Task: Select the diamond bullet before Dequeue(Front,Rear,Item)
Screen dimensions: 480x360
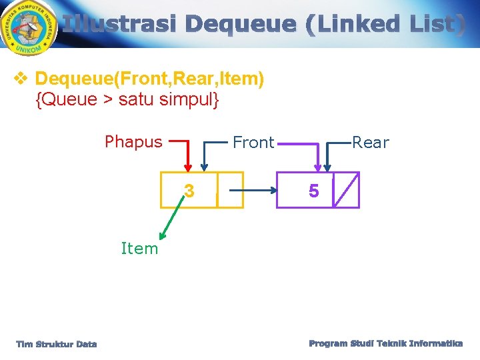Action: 20,79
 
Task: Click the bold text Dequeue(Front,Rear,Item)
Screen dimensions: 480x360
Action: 149,79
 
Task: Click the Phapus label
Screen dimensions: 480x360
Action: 133,141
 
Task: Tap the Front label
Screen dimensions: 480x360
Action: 253,143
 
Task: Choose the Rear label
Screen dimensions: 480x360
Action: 370,143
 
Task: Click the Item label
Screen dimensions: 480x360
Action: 139,249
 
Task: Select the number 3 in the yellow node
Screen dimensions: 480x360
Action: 189,191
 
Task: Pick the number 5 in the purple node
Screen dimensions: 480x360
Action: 313,191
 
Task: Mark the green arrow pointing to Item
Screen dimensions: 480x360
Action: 170,220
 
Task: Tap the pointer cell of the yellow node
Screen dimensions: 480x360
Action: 230,190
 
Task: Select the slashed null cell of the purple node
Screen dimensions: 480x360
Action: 345,190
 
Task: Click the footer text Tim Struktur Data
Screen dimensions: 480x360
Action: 57,344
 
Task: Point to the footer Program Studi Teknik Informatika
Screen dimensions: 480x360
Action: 385,343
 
